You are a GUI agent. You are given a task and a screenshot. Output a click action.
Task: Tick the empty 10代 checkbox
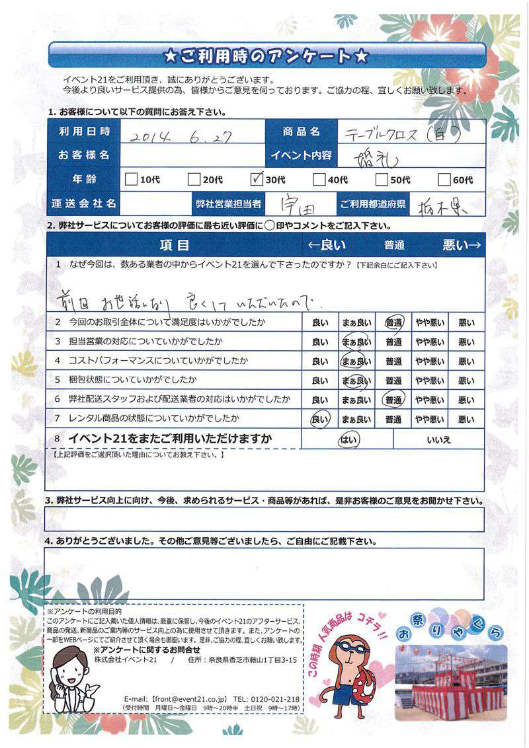tap(131, 179)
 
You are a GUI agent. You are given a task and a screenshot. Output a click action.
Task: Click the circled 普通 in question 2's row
tap(394, 323)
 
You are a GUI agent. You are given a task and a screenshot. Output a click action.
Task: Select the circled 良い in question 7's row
tap(319, 419)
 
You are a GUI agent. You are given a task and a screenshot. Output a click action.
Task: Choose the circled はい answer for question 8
tap(346, 439)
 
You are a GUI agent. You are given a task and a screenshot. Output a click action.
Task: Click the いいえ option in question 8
tap(438, 439)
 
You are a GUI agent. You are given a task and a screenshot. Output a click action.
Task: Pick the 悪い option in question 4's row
tap(466, 361)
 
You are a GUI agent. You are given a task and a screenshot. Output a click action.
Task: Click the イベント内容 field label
tap(300, 155)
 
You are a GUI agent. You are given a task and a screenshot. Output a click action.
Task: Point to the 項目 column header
tap(175, 245)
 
